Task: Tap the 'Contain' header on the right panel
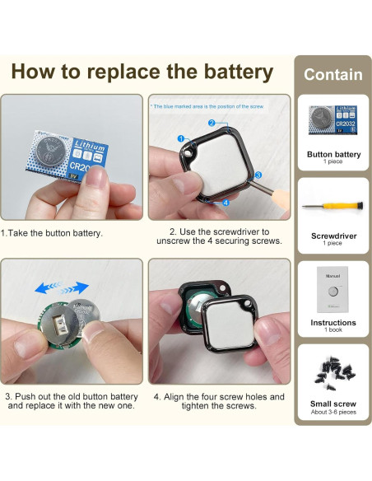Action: coord(332,74)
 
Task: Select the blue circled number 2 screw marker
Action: coord(212,124)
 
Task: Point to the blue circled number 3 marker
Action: coord(257,175)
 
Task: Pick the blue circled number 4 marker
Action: coord(226,201)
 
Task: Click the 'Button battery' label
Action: coord(333,154)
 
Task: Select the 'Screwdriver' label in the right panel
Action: coord(333,236)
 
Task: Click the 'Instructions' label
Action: coord(333,323)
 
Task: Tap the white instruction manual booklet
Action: coord(333,290)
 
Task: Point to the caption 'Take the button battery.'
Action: coord(53,233)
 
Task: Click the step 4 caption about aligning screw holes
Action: coord(219,401)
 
